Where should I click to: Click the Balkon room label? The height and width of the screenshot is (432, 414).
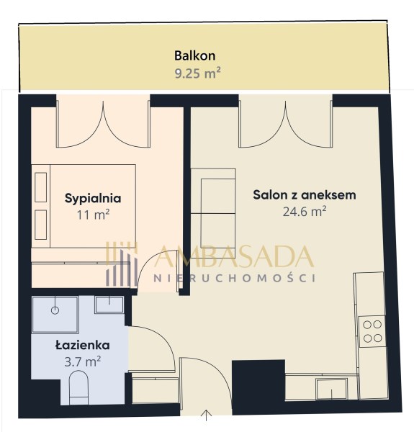coord(194,55)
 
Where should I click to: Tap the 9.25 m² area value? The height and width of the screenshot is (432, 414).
coord(197,73)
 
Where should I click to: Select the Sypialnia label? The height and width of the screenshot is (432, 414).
coord(93,199)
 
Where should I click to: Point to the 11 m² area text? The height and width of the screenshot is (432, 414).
coord(93,215)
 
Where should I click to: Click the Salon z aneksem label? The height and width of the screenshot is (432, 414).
coord(305,195)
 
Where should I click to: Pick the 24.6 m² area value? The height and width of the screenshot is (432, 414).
coord(305,211)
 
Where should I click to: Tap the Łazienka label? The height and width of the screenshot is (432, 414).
coord(82,345)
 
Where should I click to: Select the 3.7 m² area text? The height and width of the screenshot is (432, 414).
coord(82,361)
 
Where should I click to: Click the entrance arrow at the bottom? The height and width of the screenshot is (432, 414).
coord(206,415)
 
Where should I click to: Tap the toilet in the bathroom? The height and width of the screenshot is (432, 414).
coord(78,387)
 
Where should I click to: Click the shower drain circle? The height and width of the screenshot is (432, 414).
coord(55,310)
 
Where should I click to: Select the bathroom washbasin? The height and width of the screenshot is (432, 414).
coord(109,305)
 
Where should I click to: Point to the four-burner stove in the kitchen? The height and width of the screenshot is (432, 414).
coord(372,331)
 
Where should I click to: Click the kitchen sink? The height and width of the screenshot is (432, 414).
coord(331,389)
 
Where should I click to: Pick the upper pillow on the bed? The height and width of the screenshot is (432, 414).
coord(41,187)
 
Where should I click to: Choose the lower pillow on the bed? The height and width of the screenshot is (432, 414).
coord(41,225)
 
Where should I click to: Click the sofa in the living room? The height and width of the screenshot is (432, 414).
coord(213,213)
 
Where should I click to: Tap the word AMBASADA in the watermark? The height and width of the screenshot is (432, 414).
coord(234,256)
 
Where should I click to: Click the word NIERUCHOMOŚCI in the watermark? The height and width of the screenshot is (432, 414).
coord(235,278)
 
